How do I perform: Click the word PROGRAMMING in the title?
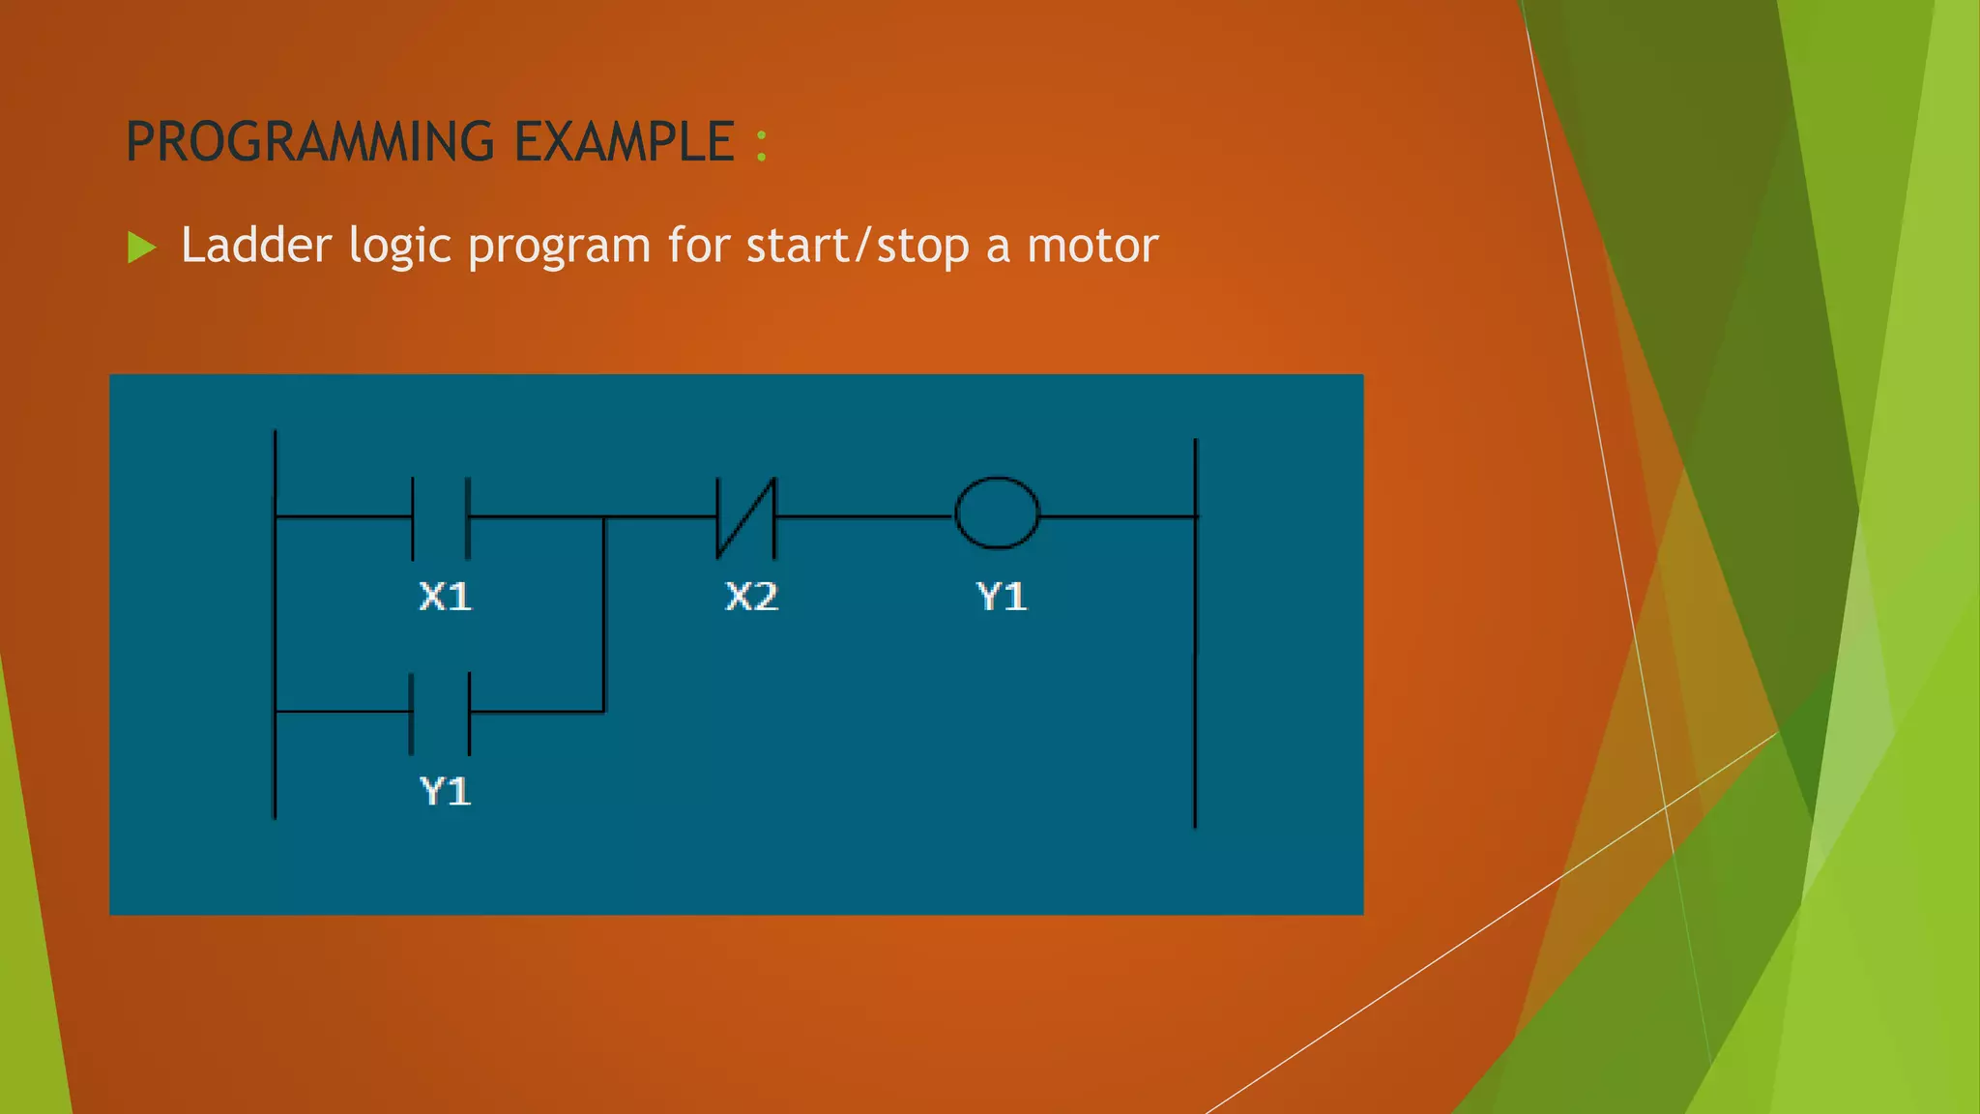[x=309, y=142]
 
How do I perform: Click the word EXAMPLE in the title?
[x=624, y=142]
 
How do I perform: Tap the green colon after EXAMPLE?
[x=762, y=144]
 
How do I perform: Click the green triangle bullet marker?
[x=141, y=248]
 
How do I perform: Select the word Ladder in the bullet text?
[x=256, y=246]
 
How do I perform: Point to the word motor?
[x=1092, y=246]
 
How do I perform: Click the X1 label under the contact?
[x=445, y=597]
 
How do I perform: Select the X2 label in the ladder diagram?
[x=751, y=597]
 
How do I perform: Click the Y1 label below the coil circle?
[x=1002, y=597]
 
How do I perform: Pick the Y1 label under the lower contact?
[x=445, y=791]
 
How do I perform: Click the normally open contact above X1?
[x=441, y=517]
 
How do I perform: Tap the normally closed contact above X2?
[x=745, y=517]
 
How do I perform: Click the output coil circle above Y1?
[x=997, y=513]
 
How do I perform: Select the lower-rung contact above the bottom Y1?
[x=441, y=713]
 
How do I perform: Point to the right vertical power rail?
[x=1196, y=677]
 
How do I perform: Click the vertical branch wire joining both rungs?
[x=604, y=619]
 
